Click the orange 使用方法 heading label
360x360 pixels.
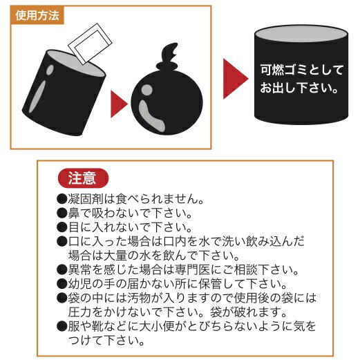37,15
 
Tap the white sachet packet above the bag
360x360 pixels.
90,44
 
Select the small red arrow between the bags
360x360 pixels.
119,104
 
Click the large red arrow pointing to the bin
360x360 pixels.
236,79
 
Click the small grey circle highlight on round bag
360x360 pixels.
146,90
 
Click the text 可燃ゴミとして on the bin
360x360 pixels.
301,70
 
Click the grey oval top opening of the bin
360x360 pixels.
301,34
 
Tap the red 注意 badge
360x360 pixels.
83,178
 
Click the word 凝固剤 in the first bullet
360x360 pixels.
86,199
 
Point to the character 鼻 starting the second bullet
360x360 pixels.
74,213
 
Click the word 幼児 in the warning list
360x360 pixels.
79,284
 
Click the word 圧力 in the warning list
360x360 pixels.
79,312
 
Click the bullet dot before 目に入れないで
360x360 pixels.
61,227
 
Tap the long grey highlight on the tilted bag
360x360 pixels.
37,97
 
